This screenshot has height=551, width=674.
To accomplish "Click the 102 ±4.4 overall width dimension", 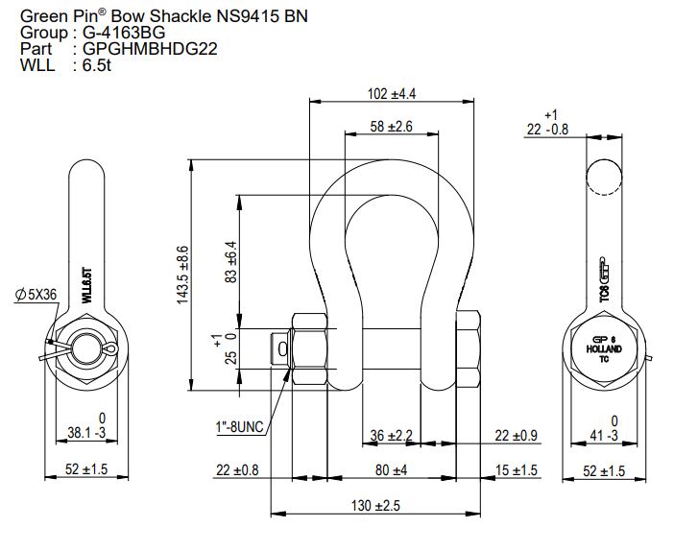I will click(x=392, y=94).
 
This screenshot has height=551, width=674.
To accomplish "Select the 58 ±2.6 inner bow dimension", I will click(x=391, y=127).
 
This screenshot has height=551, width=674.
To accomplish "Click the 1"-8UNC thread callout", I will click(x=240, y=426).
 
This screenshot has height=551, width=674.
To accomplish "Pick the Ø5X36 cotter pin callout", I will click(x=36, y=295).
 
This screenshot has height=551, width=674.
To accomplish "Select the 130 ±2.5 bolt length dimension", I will click(x=375, y=506).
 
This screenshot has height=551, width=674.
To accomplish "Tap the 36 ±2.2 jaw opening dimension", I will click(x=391, y=436).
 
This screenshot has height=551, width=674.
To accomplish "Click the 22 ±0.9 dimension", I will click(x=516, y=436).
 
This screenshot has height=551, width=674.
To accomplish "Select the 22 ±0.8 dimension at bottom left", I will click(x=238, y=470).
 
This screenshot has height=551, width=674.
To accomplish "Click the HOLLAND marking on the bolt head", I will click(x=605, y=348).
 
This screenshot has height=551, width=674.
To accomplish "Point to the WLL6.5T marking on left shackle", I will click(x=85, y=286).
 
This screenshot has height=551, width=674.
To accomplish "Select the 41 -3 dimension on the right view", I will click(x=604, y=434).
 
